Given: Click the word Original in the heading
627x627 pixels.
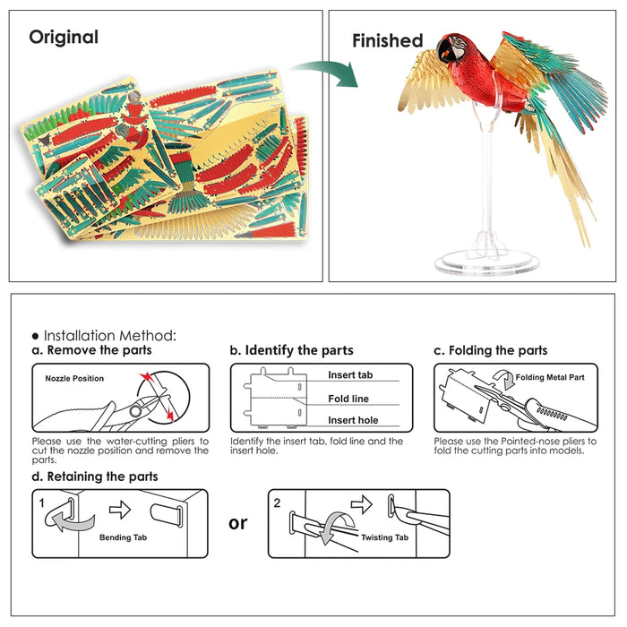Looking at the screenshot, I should [64, 38].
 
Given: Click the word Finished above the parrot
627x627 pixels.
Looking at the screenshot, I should [387, 41].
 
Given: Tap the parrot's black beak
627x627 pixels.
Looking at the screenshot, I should [442, 51].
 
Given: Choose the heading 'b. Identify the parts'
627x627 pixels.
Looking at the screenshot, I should [291, 350].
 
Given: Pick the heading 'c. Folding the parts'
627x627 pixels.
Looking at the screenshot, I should [490, 350].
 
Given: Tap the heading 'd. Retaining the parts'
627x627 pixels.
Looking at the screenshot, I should [95, 477].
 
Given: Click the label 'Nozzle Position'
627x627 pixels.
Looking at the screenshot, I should [74, 379].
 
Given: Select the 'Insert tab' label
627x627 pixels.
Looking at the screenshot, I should [350, 375].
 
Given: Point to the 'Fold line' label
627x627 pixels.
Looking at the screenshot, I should [348, 399].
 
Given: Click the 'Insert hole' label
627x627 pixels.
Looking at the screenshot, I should [353, 420].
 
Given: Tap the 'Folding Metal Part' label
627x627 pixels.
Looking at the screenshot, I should [550, 378].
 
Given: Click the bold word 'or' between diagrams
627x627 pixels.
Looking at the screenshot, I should [238, 522].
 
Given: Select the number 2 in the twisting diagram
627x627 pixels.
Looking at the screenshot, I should [277, 502].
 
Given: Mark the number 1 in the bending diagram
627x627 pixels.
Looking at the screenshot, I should [42, 502].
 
